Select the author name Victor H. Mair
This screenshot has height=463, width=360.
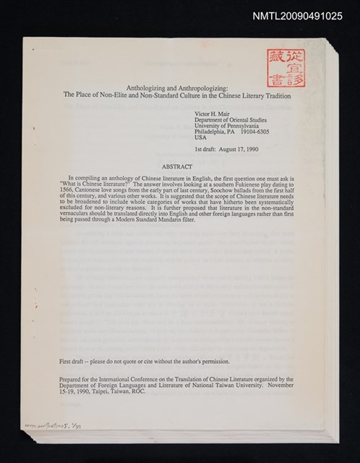pos(213,114)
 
